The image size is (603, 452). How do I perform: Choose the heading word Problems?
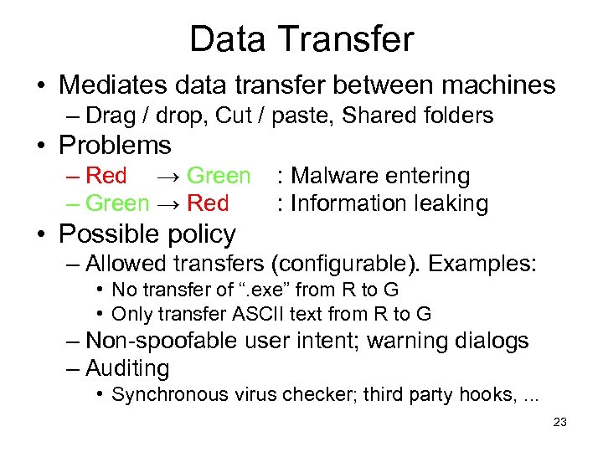click(115, 146)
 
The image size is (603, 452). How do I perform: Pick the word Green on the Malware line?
click(219, 176)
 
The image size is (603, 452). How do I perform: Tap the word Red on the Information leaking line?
click(208, 203)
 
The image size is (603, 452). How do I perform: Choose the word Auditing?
click(127, 368)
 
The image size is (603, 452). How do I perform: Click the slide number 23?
click(560, 423)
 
